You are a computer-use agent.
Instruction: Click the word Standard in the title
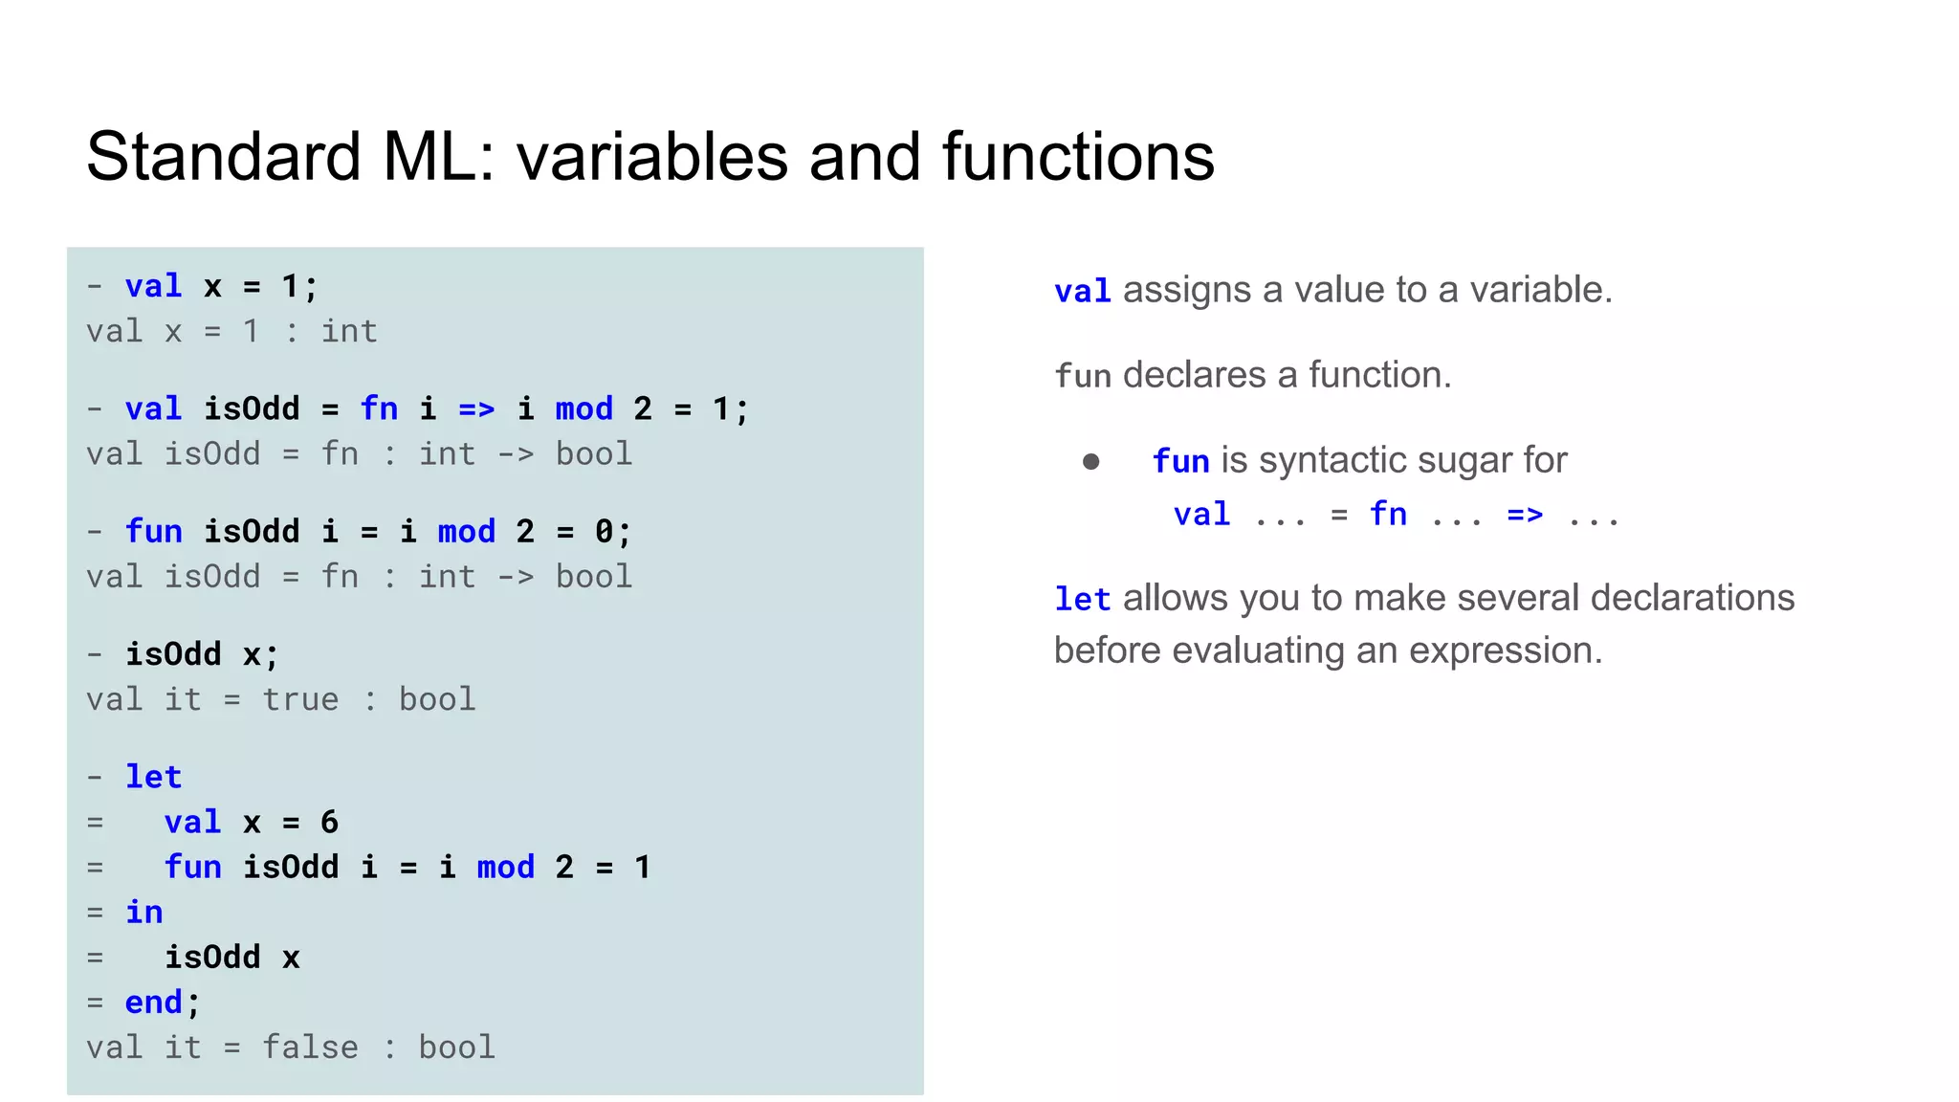[224, 156]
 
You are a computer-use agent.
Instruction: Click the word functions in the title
[1078, 156]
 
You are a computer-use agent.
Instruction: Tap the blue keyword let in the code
[153, 776]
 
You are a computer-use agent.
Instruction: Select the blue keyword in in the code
[143, 912]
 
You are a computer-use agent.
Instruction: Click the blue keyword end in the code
[153, 1002]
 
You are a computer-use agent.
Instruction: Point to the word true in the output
[300, 699]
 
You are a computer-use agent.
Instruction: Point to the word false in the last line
[310, 1047]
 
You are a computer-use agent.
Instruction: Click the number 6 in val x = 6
[329, 822]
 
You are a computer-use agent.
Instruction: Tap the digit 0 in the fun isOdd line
[604, 531]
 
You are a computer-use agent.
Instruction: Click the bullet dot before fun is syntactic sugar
[1090, 462]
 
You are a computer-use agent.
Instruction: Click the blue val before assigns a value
[1082, 291]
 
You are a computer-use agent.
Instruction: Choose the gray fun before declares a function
[1082, 376]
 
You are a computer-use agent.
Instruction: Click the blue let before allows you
[1082, 599]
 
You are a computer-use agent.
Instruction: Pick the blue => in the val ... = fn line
[1525, 515]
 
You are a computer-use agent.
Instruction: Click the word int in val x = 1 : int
[349, 331]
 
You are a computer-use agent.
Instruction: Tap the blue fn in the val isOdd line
[379, 408]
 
